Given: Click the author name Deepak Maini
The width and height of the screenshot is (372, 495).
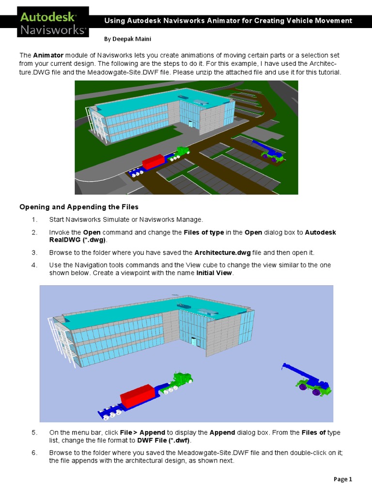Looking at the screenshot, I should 124,38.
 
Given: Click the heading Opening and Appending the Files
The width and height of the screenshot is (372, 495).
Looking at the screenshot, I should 78,207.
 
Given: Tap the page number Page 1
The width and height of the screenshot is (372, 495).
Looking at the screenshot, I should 343,479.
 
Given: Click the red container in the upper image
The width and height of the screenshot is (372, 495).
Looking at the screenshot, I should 154,161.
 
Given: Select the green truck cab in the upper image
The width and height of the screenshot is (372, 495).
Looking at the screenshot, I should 181,152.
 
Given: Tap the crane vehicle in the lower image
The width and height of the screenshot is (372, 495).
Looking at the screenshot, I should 310,382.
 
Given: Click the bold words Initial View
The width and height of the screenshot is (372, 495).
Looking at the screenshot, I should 215,273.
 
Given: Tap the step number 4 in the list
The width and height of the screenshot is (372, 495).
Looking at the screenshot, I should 34,265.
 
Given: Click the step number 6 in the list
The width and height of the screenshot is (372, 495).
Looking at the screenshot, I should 34,453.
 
